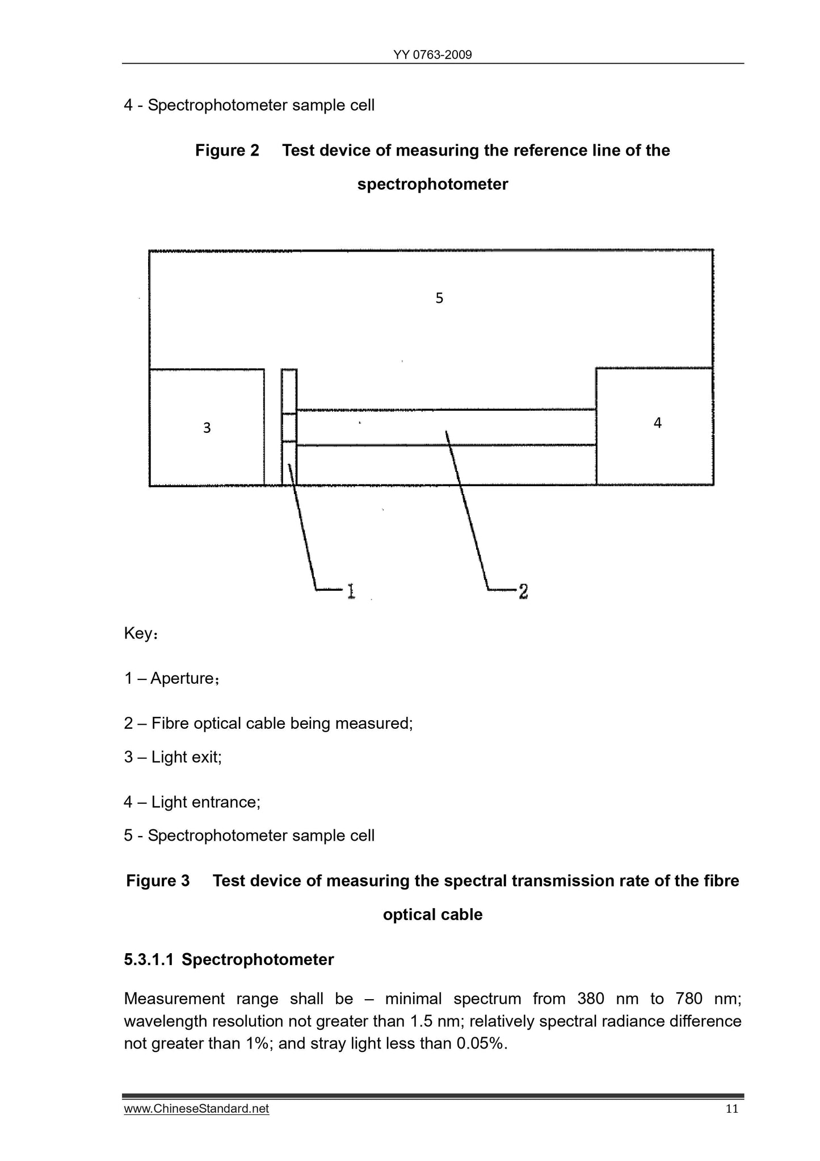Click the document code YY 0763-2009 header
tap(432, 55)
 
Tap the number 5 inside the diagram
tap(439, 298)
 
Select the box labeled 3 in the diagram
tap(207, 428)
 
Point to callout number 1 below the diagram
tap(351, 591)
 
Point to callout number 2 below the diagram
tap(523, 591)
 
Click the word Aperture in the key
tap(182, 678)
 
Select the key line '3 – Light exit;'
tap(173, 757)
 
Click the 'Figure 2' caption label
tap(227, 151)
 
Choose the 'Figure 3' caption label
tap(158, 881)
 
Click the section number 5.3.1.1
tap(149, 960)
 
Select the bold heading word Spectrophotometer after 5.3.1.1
tap(258, 960)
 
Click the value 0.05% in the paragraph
tap(481, 1043)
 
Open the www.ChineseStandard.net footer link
tap(196, 1109)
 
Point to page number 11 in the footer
tap(731, 1109)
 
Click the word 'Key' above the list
tap(137, 633)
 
